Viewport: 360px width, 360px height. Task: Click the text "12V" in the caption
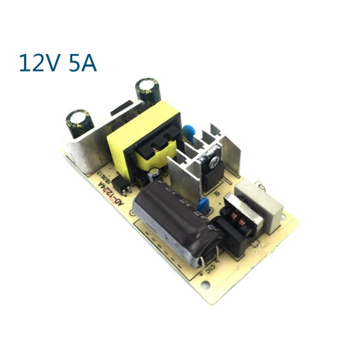[x=38, y=64]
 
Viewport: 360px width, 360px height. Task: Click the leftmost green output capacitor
[x=78, y=123]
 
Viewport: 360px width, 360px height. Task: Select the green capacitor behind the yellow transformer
[x=147, y=90]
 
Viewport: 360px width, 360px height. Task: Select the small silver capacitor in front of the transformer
[x=155, y=176]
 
